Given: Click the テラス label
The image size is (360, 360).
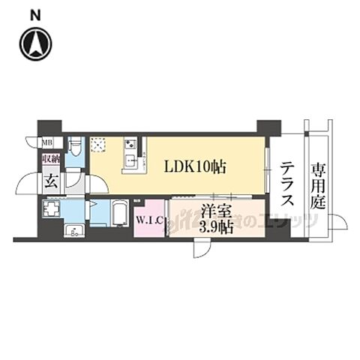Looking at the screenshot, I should pos(286,184).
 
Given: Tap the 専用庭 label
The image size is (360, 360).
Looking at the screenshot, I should pos(318,184).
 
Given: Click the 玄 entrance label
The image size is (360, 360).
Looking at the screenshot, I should pos(50,181).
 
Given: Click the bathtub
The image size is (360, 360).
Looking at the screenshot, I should pos(121,213).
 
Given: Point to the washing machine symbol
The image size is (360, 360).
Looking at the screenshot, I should pos(51,208).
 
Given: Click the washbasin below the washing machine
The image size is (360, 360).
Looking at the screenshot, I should pos(73,229).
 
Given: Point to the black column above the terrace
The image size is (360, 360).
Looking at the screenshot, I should pos(268,127).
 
